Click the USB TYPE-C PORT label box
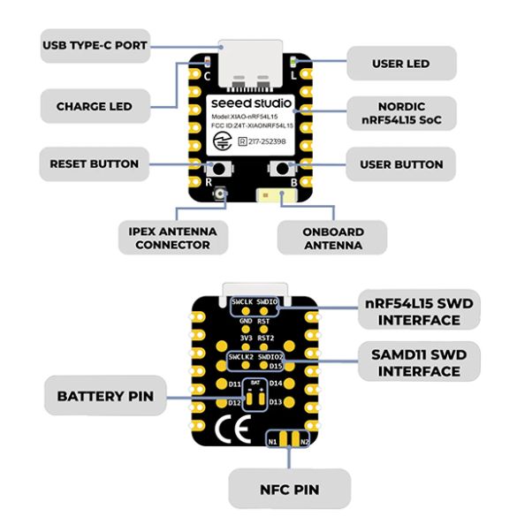pyautogui.click(x=95, y=44)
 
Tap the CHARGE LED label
pyautogui.click(x=95, y=107)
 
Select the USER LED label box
pyautogui.click(x=400, y=64)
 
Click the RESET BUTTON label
pyautogui.click(x=94, y=163)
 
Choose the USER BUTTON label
pyautogui.click(x=400, y=164)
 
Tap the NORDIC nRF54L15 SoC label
pyautogui.click(x=400, y=112)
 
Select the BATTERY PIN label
pyautogui.click(x=105, y=396)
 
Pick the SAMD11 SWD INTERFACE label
pyautogui.click(x=420, y=362)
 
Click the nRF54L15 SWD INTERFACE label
pyautogui.click(x=420, y=311)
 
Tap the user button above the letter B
pyautogui.click(x=284, y=168)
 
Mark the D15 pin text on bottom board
pyautogui.click(x=276, y=364)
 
